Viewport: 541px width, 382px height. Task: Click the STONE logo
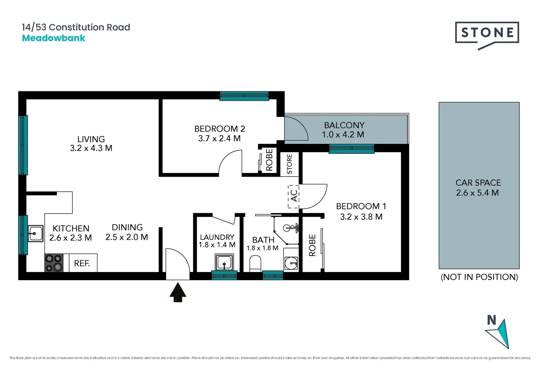coord(487,33)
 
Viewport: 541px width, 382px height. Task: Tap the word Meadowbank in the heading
coord(53,38)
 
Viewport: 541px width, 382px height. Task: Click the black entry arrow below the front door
coord(178,292)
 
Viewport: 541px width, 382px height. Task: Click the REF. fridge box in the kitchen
coord(82,263)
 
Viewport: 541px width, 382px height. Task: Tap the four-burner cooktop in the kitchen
coord(54,263)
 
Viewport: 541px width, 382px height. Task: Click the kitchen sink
coord(35,233)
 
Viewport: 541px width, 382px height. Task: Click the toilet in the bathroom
coord(255,264)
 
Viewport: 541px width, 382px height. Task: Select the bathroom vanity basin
coord(291,263)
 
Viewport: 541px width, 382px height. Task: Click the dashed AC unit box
coord(294,196)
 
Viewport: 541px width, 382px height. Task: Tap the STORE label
coord(289,164)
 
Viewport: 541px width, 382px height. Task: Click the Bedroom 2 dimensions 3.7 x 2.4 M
coord(219,139)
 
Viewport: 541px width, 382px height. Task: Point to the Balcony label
coord(344,125)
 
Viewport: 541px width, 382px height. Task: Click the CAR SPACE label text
coord(478,183)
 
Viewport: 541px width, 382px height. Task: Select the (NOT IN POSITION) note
coord(479,277)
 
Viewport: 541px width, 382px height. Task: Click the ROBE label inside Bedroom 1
coord(312,245)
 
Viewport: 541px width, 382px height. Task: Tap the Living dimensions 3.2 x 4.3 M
coord(91,149)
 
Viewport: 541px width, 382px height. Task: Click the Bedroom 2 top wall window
coord(244,96)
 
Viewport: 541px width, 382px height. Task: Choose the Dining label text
coord(127,227)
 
